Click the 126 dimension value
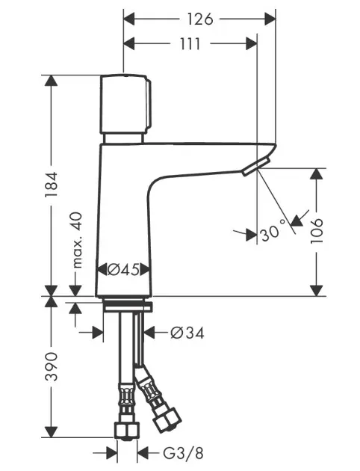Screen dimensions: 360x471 [x=200, y=20]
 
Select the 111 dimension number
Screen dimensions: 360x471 [x=190, y=44]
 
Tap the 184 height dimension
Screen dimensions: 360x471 [x=51, y=185]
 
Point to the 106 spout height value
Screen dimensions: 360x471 [x=317, y=231]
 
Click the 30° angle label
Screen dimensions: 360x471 [x=273, y=231]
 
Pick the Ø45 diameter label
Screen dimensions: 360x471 [x=123, y=269]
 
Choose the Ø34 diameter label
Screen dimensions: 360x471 [x=187, y=333]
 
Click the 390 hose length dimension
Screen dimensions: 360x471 [x=51, y=366]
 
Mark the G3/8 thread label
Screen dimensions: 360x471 [x=183, y=453]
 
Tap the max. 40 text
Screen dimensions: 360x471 [x=77, y=240]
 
